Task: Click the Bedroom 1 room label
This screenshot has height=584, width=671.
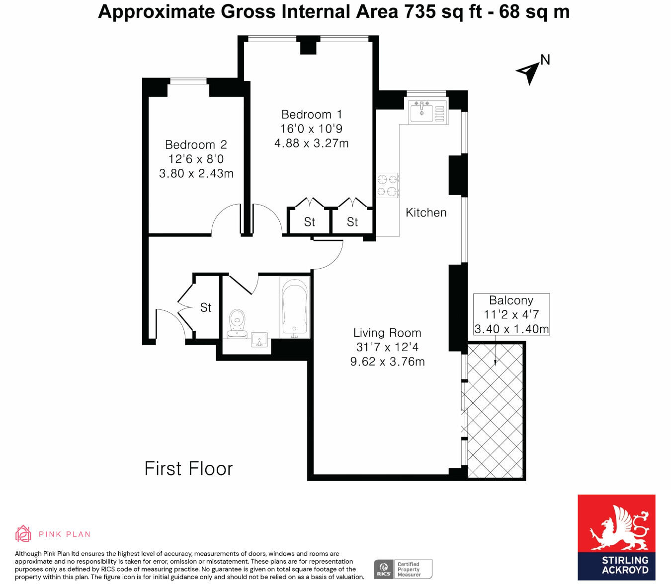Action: pyautogui.click(x=312, y=115)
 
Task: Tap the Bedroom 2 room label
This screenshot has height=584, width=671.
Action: pyautogui.click(x=196, y=145)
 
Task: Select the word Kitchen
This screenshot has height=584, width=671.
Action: pyautogui.click(x=426, y=213)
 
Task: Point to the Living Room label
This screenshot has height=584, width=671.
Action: pyautogui.click(x=387, y=333)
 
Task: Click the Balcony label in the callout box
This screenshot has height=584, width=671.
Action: pyautogui.click(x=511, y=300)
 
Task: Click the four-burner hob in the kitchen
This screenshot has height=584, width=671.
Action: pyautogui.click(x=387, y=185)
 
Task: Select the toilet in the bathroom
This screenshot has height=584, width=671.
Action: pyautogui.click(x=237, y=324)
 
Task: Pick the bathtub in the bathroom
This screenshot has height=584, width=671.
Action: pyautogui.click(x=295, y=307)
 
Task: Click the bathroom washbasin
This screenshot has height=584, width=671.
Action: pyautogui.click(x=260, y=339)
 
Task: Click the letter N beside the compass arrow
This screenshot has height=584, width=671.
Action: pyautogui.click(x=545, y=60)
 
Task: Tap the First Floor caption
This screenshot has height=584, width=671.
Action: pyautogui.click(x=188, y=469)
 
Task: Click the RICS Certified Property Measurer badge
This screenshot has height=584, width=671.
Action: pyautogui.click(x=403, y=569)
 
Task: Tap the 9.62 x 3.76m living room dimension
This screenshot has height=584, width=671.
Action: pyautogui.click(x=387, y=362)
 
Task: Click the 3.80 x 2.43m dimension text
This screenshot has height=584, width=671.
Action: pyautogui.click(x=196, y=174)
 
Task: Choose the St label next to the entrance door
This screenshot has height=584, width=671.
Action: pyautogui.click(x=206, y=307)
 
